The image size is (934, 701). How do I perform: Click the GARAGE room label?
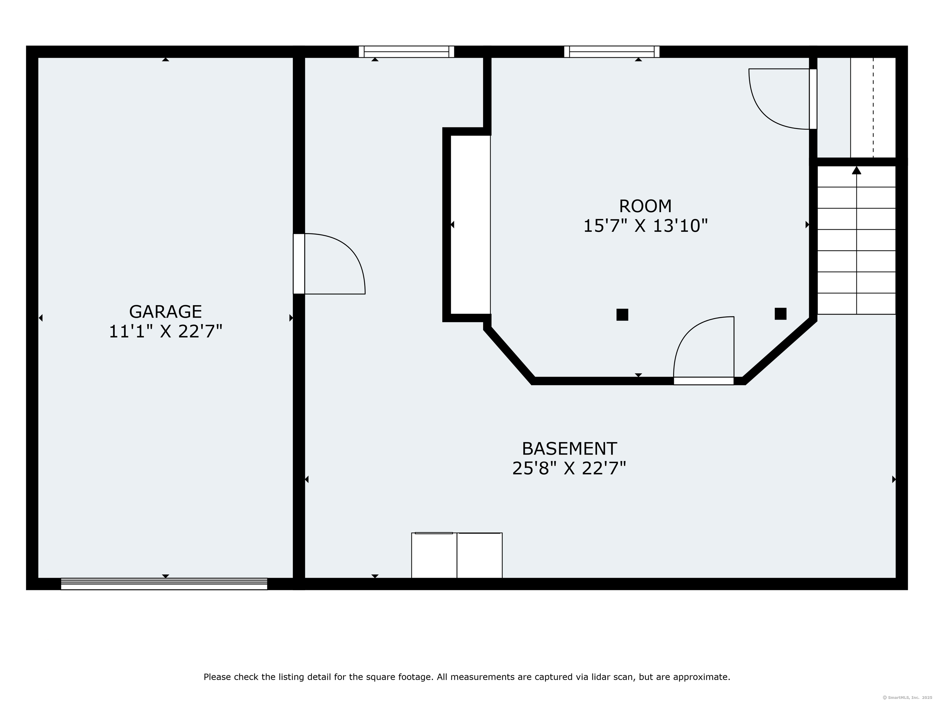pyautogui.click(x=165, y=312)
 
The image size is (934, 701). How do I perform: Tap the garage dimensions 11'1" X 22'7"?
pyautogui.click(x=165, y=332)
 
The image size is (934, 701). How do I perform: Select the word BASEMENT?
pyautogui.click(x=569, y=449)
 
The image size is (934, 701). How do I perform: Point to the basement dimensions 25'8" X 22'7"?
pyautogui.click(x=569, y=469)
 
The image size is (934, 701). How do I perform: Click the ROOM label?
pyautogui.click(x=645, y=206)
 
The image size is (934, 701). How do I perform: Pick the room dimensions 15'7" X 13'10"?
pyautogui.click(x=645, y=226)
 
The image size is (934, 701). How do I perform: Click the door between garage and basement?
pyautogui.click(x=329, y=264)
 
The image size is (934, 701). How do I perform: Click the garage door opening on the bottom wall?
pyautogui.click(x=164, y=584)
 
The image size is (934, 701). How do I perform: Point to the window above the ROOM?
pyautogui.click(x=611, y=51)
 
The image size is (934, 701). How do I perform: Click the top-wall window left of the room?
pyautogui.click(x=406, y=51)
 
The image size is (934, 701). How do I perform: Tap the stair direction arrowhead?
pyautogui.click(x=856, y=170)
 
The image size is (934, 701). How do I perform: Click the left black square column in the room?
pyautogui.click(x=622, y=315)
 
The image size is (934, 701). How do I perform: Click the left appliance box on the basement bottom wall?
pyautogui.click(x=434, y=555)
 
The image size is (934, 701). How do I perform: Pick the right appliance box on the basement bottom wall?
pyautogui.click(x=480, y=555)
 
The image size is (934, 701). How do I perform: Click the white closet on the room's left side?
pyautogui.click(x=470, y=225)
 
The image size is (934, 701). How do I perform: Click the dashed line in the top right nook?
pyautogui.click(x=873, y=108)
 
